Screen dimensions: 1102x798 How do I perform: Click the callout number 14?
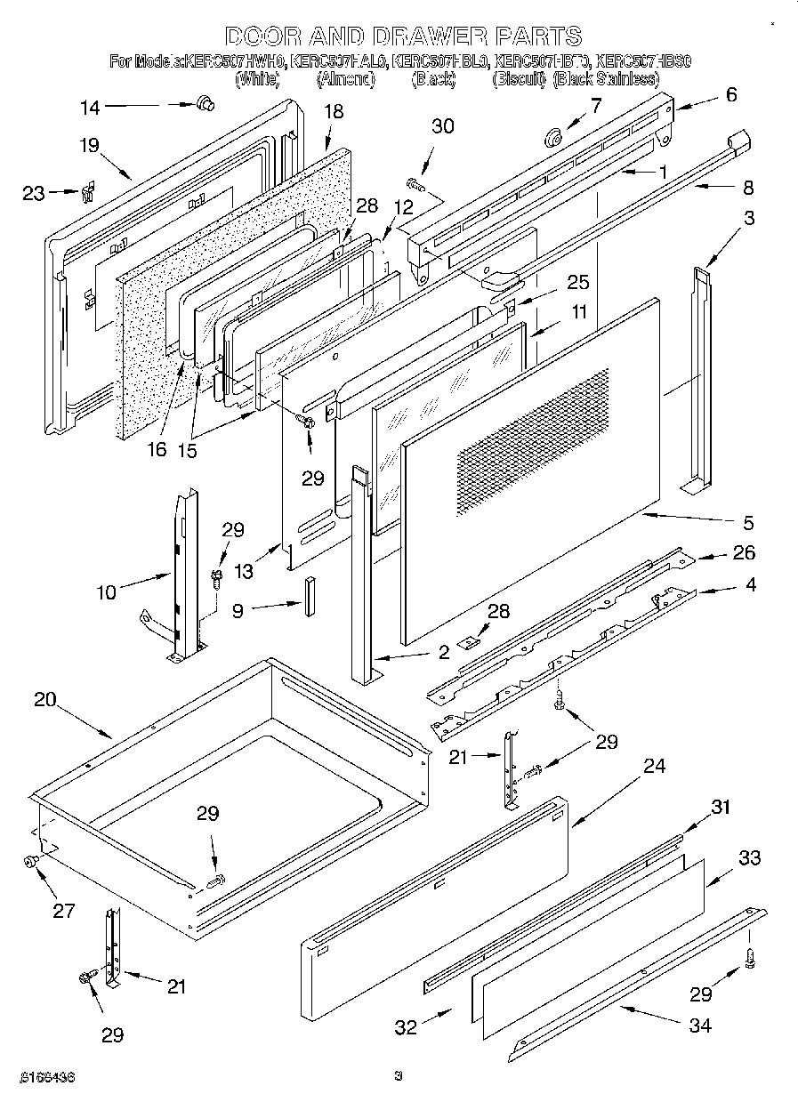coord(90,108)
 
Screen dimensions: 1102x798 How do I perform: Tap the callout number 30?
coord(442,126)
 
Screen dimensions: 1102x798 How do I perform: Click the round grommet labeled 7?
coord(552,137)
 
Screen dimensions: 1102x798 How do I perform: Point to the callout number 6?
coord(730,95)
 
